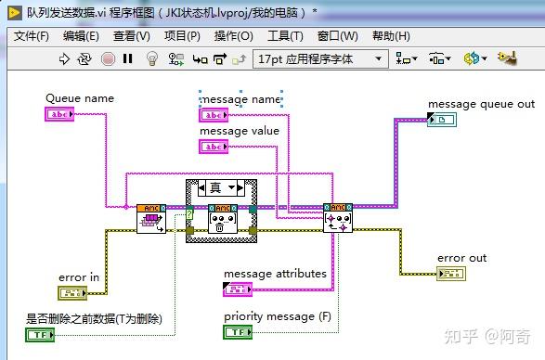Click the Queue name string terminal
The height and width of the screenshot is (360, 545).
58,113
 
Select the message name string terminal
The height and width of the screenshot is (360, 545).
214,114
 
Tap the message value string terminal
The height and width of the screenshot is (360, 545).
214,146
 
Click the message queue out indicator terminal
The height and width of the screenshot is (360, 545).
442,120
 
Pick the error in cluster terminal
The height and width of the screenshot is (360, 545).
71,293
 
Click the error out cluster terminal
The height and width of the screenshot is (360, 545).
451,273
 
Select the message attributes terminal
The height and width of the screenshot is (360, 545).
239,289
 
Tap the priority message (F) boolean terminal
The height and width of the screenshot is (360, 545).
239,331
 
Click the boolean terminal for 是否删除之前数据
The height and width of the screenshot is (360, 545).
40,334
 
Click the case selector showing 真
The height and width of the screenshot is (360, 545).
222,187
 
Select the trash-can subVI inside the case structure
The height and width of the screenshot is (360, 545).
222,219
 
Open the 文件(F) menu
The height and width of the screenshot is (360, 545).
32,36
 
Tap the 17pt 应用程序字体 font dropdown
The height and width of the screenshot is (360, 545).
320,58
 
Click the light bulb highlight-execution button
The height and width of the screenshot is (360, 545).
153,58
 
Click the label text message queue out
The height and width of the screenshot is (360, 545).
481,104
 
